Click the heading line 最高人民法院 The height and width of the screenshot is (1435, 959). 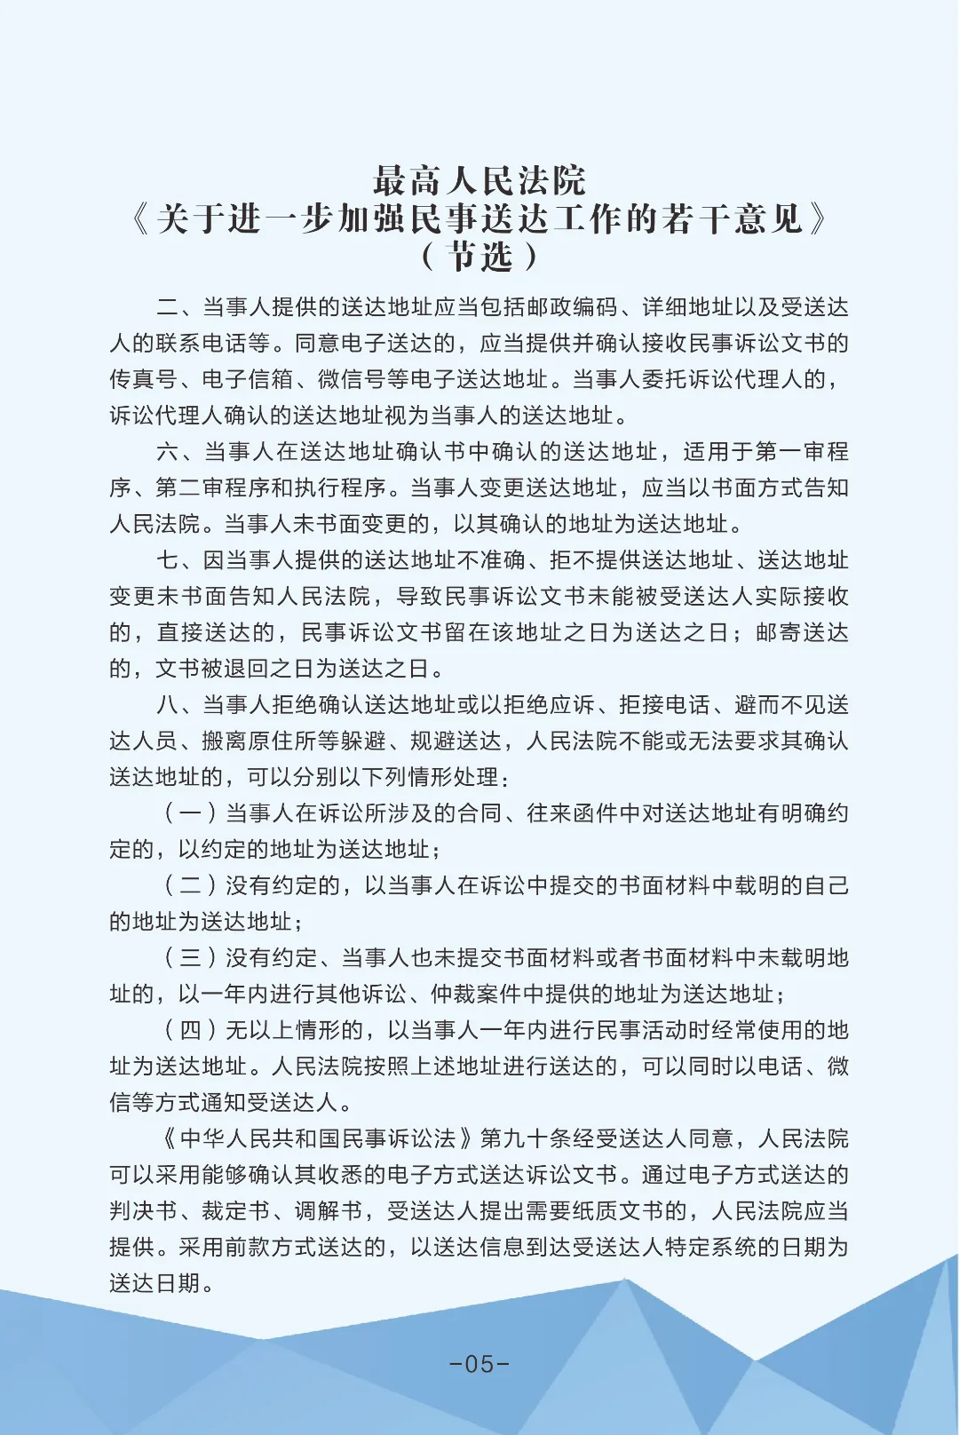(479, 180)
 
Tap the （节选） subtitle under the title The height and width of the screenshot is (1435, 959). (479, 257)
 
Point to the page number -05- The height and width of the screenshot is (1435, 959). (479, 1363)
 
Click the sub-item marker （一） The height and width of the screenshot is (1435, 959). (190, 813)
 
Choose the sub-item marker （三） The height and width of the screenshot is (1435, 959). (190, 958)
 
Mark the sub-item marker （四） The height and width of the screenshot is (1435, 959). (190, 1030)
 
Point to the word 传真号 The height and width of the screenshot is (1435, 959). (143, 380)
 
